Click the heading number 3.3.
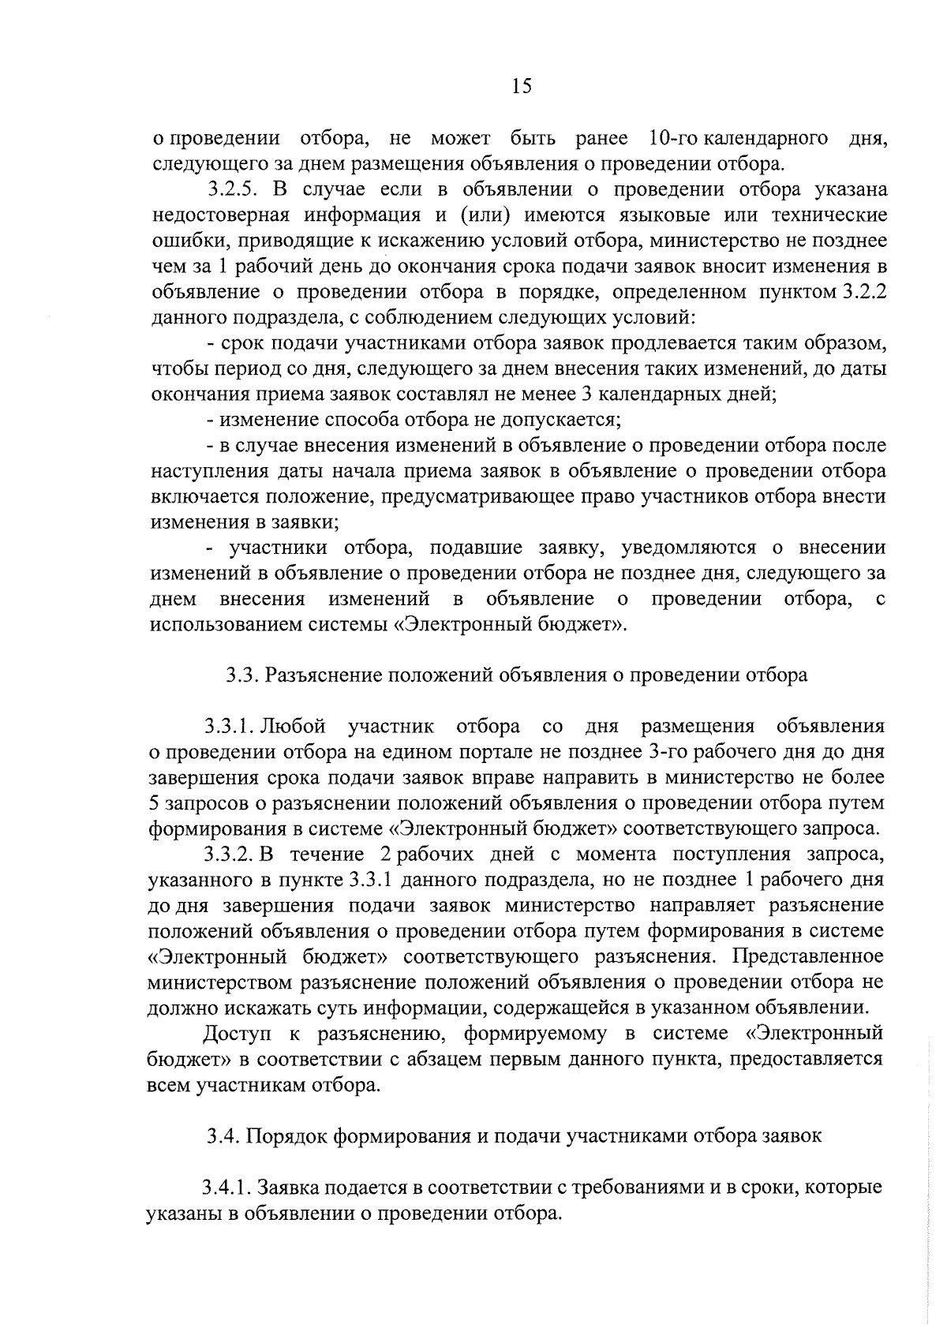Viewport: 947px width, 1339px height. pyautogui.click(x=242, y=675)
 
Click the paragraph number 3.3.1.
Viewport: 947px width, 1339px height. pyautogui.click(x=230, y=726)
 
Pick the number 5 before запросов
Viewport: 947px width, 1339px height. pyautogui.click(x=154, y=803)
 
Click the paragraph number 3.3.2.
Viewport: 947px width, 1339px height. pyautogui.click(x=229, y=855)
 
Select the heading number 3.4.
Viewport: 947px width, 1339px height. pyautogui.click(x=223, y=1136)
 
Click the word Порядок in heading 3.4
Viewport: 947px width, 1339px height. pyautogui.click(x=282, y=1136)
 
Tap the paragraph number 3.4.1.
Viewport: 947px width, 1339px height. pyautogui.click(x=226, y=1188)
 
